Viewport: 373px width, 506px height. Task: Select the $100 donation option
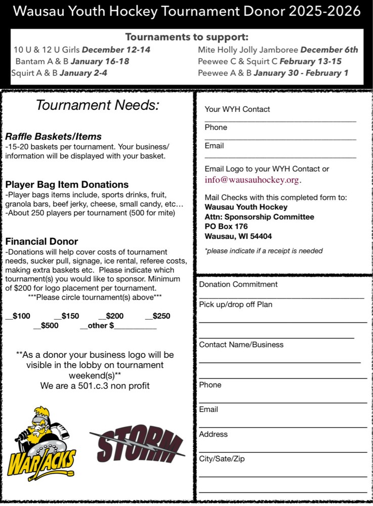[18, 316]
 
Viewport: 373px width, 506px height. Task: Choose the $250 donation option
[158, 316]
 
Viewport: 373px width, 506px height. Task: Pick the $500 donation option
[46, 326]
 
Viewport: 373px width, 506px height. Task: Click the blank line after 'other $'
[136, 327]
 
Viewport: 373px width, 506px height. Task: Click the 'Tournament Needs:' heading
[98, 106]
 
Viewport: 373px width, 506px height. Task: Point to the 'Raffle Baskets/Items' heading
[54, 137]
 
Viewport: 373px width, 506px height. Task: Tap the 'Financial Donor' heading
[42, 241]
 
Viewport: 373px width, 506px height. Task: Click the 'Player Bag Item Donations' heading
[67, 185]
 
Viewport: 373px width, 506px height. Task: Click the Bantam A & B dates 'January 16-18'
[100, 61]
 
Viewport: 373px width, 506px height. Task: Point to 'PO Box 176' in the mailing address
[226, 226]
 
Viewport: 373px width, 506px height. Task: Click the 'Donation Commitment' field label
[238, 284]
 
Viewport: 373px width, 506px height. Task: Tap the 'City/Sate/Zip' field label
[222, 459]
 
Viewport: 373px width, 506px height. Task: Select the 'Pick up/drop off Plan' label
[236, 305]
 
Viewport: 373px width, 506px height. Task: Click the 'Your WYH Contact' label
[237, 109]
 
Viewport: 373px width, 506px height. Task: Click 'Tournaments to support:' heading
[187, 37]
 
